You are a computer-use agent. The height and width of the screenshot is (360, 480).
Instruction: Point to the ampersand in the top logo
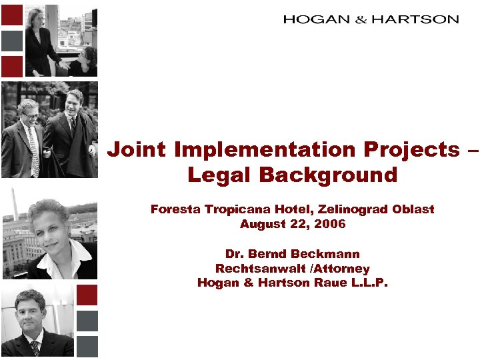click(x=361, y=20)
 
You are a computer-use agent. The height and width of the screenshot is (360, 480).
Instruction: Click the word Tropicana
click(x=232, y=209)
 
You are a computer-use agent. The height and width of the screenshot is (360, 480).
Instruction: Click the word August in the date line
click(x=261, y=225)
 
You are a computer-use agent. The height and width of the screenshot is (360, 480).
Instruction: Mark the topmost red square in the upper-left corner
click(x=11, y=15)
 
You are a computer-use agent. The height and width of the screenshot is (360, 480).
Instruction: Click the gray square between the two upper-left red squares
click(x=11, y=40)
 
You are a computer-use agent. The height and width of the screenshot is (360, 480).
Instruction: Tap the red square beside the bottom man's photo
click(x=87, y=295)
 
